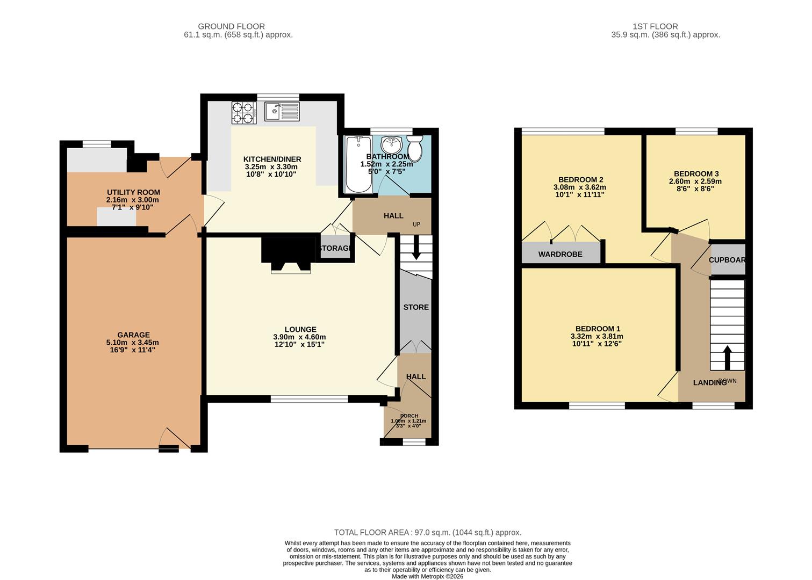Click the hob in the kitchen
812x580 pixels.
(x=243, y=113)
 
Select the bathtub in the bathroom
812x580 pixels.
(x=357, y=164)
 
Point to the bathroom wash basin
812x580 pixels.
(x=391, y=144)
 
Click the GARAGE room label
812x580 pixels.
(x=133, y=335)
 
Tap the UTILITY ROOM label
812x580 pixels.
(x=133, y=192)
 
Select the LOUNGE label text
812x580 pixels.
(x=300, y=330)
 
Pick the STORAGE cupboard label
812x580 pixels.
(x=335, y=249)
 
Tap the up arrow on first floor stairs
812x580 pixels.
(x=728, y=357)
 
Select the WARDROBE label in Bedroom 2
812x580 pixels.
(x=560, y=254)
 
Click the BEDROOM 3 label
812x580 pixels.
(x=696, y=174)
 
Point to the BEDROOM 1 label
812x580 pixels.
(x=598, y=329)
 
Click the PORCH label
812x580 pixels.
(x=408, y=416)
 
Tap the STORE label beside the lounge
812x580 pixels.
(x=416, y=307)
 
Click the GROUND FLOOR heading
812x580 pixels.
(x=231, y=26)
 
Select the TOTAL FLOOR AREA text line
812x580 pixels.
(x=428, y=532)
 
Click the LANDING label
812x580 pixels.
(x=709, y=383)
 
